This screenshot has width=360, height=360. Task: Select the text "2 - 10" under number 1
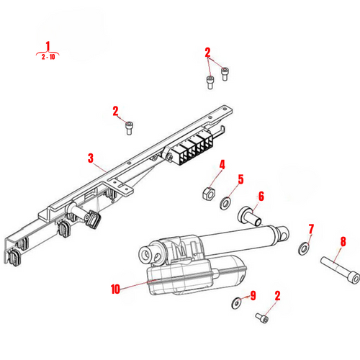point(49,55)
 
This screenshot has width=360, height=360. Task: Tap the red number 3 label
point(91,158)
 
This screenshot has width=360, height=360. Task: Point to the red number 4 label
point(222,165)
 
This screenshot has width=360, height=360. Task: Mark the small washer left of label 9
point(236,301)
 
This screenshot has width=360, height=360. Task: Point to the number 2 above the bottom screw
point(277,295)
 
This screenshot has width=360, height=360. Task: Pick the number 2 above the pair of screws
point(207,52)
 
